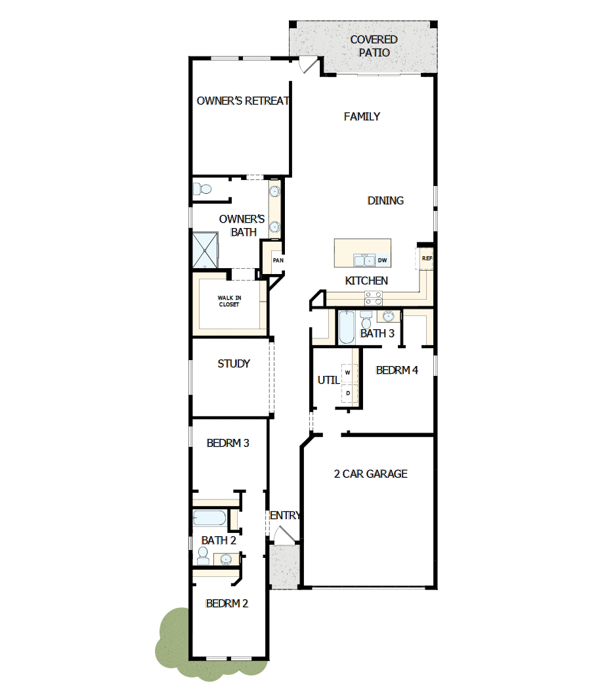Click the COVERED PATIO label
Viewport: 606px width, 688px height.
tap(374, 46)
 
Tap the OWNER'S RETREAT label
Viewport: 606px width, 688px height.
tap(243, 101)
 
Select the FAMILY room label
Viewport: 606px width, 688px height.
tap(362, 117)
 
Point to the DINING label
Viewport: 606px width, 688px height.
tap(385, 201)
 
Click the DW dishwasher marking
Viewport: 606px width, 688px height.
tap(382, 261)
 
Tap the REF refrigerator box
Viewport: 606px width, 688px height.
tap(427, 258)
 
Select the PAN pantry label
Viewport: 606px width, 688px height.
tap(278, 261)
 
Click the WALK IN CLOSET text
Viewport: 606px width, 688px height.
tap(228, 302)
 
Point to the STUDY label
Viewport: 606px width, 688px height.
tap(234, 364)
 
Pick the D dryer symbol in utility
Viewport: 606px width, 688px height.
tap(348, 393)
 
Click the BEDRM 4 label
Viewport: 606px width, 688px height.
tap(397, 371)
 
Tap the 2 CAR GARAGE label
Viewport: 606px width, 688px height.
tap(370, 474)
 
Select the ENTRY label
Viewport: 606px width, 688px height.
tap(285, 516)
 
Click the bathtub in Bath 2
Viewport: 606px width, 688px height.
tap(209, 518)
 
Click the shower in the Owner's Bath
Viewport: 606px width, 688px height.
tap(207, 250)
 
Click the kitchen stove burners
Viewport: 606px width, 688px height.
tap(374, 299)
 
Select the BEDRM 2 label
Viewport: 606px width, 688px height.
tap(227, 604)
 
